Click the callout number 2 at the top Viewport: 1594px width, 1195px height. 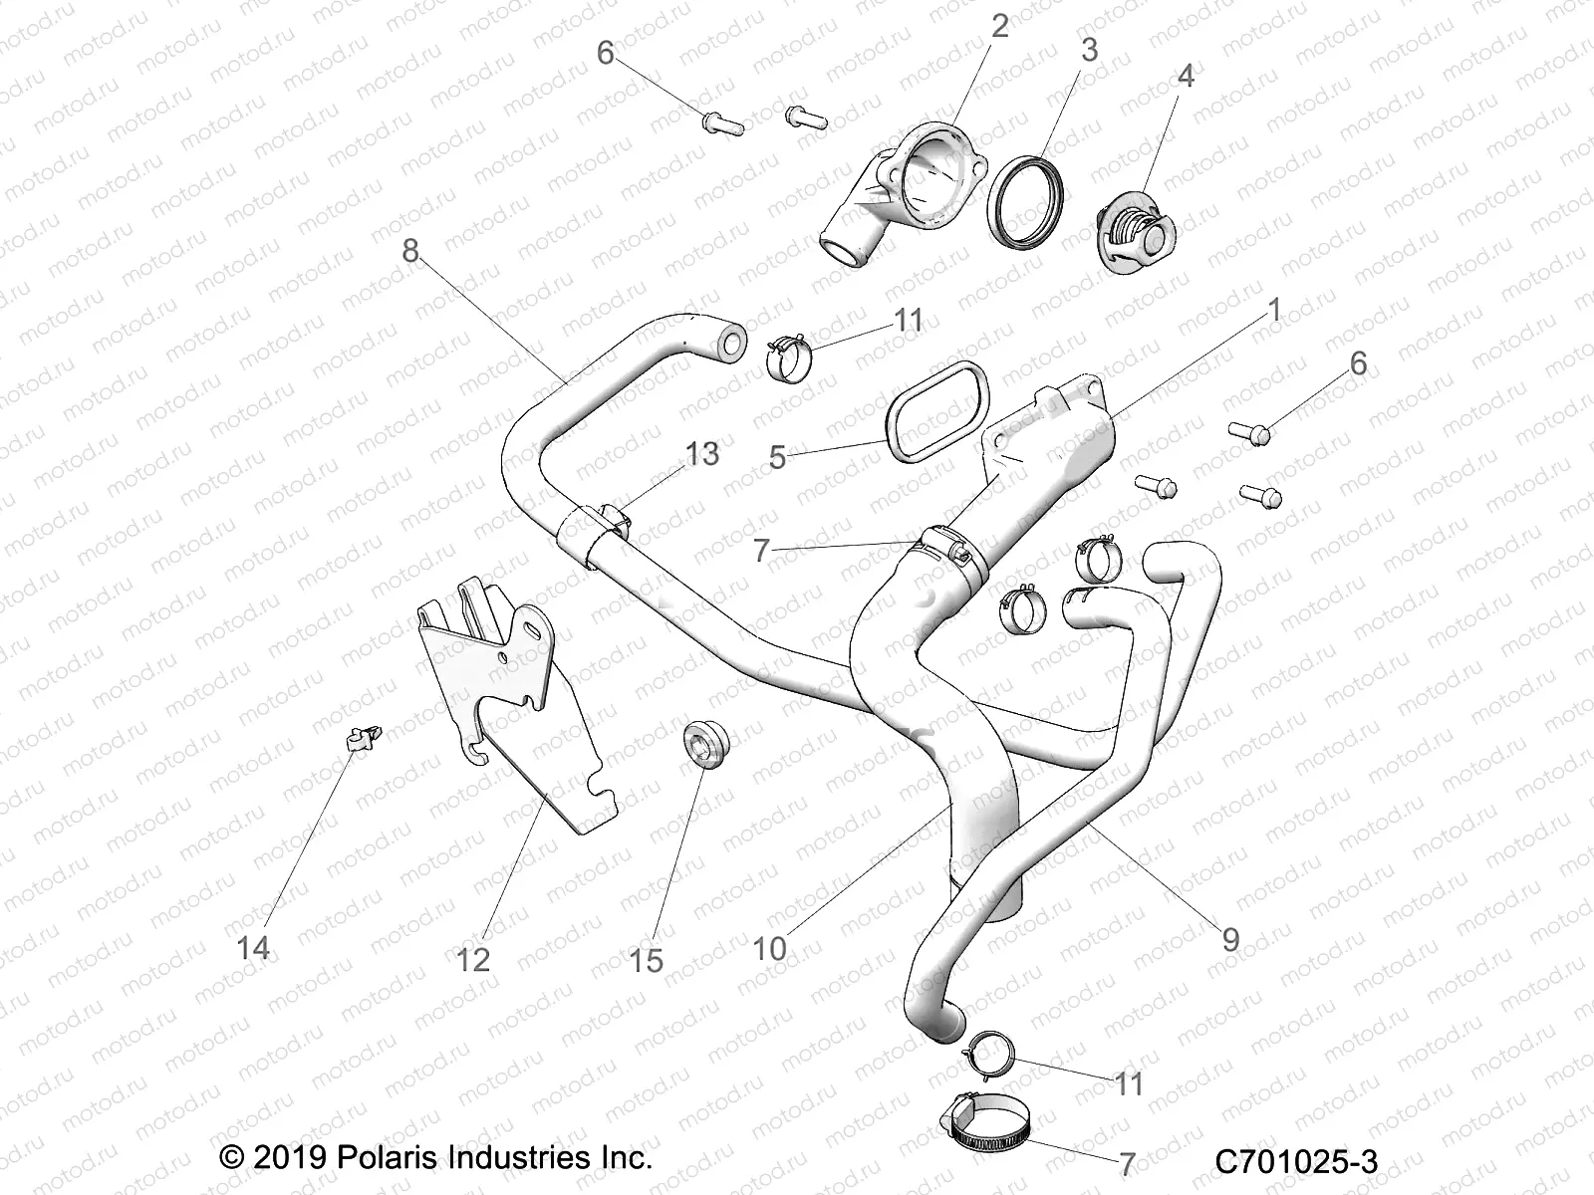coord(999,27)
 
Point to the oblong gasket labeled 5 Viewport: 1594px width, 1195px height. coord(938,413)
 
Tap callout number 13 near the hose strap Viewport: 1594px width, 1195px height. coord(701,454)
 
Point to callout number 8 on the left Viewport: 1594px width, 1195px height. coord(410,250)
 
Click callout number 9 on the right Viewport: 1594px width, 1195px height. coord(1230,938)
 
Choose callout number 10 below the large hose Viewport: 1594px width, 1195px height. coord(769,948)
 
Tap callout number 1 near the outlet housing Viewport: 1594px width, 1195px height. coord(1272,311)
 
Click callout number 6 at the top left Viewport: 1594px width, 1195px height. coord(605,53)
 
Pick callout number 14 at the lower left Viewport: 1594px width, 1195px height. coord(253,947)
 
